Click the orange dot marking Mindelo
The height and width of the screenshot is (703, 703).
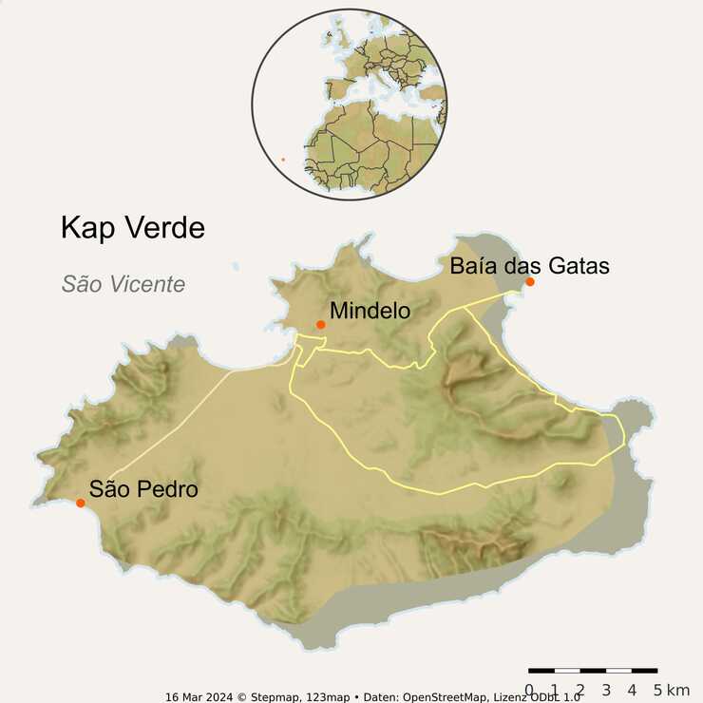click(x=321, y=325)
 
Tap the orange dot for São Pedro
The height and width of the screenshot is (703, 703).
click(x=81, y=503)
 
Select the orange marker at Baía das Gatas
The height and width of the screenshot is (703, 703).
click(x=530, y=282)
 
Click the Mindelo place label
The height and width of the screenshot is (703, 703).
click(x=370, y=311)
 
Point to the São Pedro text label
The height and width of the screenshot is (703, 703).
click(x=143, y=489)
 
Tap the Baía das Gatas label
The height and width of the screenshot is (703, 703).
click(x=529, y=266)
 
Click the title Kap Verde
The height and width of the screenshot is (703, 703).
click(x=132, y=228)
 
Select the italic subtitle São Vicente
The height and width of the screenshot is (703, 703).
click(x=123, y=284)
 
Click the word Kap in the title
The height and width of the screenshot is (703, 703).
click(x=87, y=228)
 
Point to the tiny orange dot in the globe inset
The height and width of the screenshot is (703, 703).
click(x=282, y=160)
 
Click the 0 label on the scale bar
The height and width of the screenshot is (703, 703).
click(x=529, y=690)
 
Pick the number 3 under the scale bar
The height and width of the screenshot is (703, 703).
click(x=606, y=690)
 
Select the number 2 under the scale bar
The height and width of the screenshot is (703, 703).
click(x=580, y=690)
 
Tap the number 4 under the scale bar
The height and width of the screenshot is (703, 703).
click(x=632, y=690)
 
